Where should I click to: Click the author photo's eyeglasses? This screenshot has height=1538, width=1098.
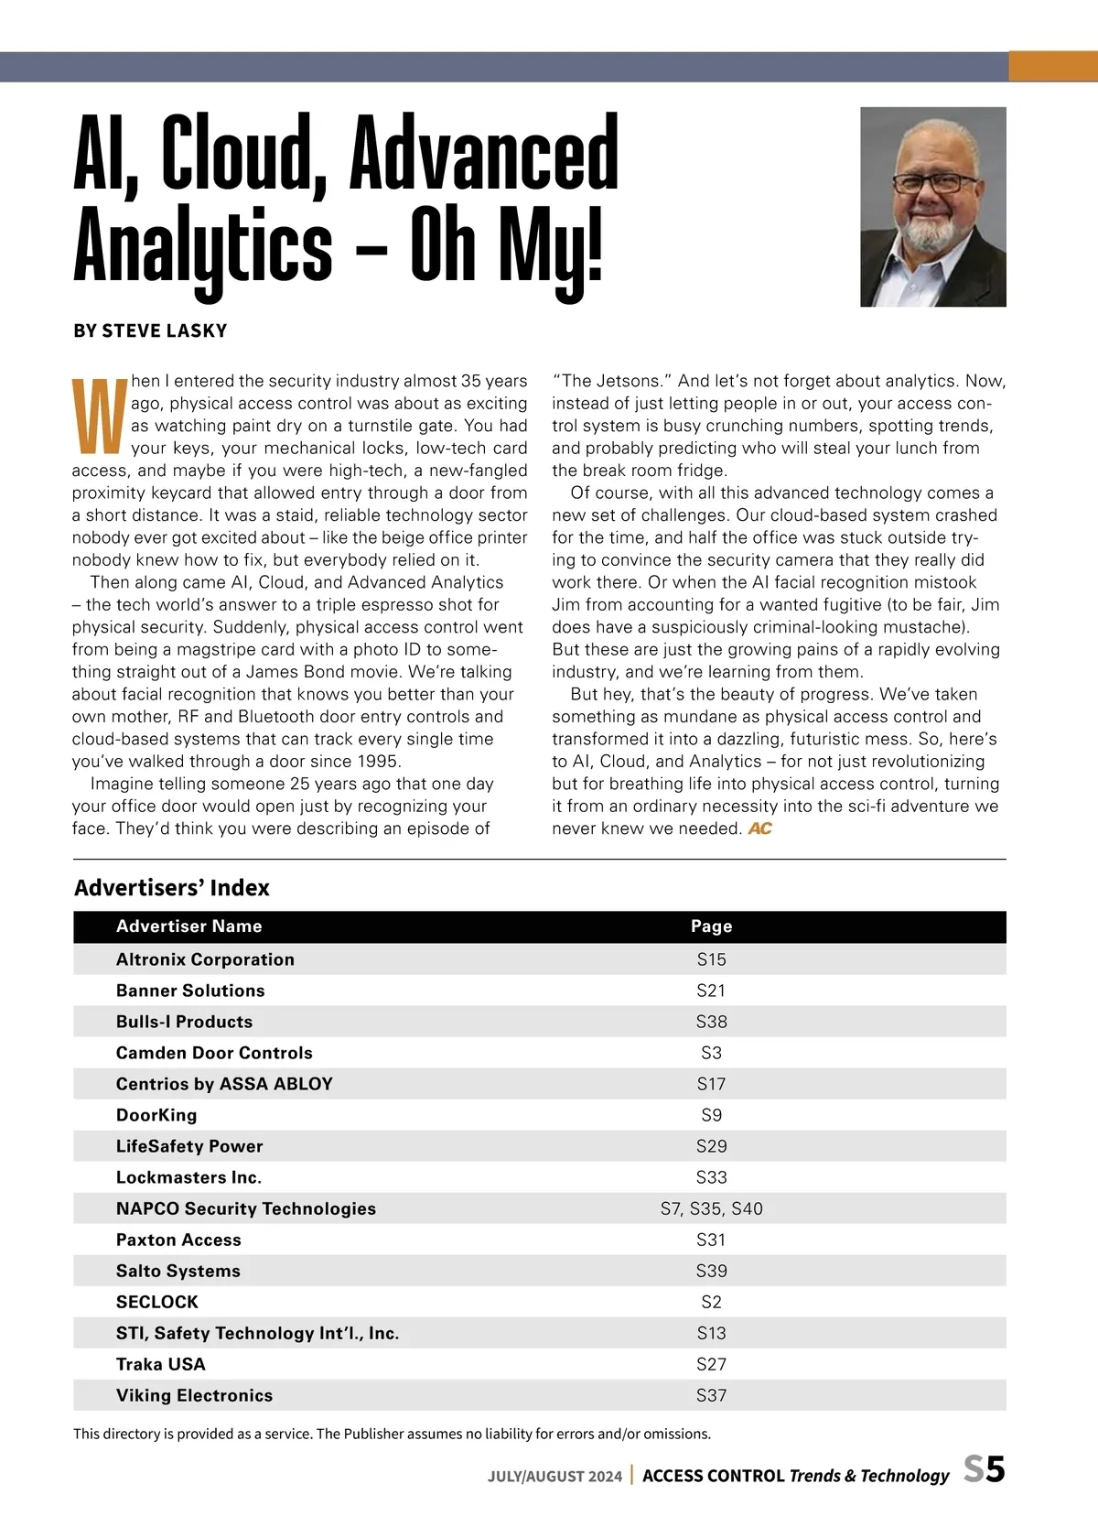(934, 182)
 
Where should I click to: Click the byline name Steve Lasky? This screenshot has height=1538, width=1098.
(165, 330)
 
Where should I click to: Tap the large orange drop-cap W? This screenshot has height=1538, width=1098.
(99, 417)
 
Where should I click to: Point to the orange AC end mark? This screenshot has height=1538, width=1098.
(760, 829)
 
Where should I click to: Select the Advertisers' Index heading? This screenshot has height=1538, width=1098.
(172, 888)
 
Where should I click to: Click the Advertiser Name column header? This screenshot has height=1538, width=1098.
(188, 926)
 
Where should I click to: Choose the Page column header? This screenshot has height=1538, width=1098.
(711, 926)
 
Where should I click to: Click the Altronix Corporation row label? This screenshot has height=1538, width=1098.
(205, 959)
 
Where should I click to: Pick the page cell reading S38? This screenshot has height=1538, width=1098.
(711, 1022)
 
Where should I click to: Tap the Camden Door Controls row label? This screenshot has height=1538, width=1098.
(214, 1053)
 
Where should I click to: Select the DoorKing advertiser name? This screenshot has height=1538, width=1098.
(156, 1115)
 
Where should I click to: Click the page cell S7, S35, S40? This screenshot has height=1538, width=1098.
(711, 1208)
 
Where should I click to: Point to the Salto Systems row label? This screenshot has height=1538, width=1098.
(178, 1271)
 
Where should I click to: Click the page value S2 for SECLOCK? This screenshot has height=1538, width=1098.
(711, 1302)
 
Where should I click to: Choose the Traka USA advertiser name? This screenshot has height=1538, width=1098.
(161, 1364)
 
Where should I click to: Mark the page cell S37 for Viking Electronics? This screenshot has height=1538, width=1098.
(711, 1395)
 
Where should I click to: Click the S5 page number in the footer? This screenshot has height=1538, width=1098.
(985, 1469)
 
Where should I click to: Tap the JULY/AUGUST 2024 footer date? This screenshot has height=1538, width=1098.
(554, 1476)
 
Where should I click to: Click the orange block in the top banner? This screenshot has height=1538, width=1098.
(1052, 67)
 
